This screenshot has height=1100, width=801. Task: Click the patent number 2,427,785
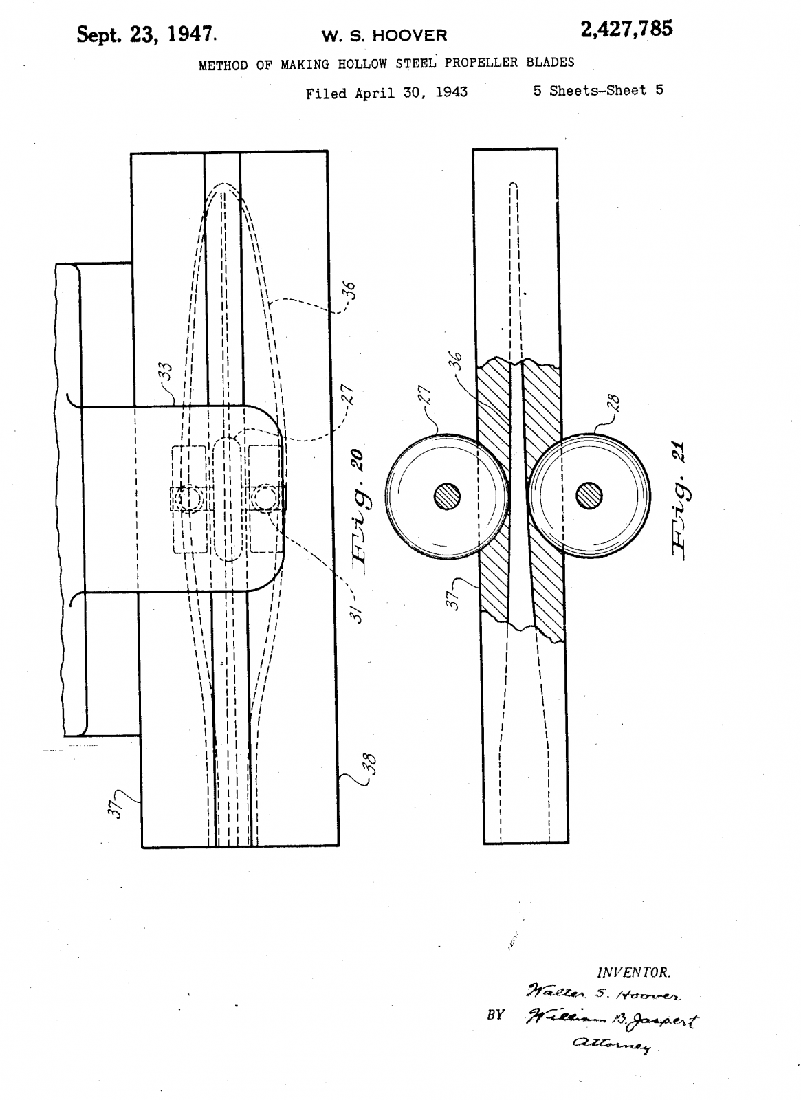click(x=626, y=30)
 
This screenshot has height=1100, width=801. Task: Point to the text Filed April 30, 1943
click(x=386, y=93)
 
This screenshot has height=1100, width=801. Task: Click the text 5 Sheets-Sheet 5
click(x=598, y=91)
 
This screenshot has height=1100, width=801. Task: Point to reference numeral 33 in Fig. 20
click(x=166, y=374)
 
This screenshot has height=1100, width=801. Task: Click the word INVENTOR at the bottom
click(x=633, y=972)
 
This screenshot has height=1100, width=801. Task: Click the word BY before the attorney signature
click(x=496, y=1015)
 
